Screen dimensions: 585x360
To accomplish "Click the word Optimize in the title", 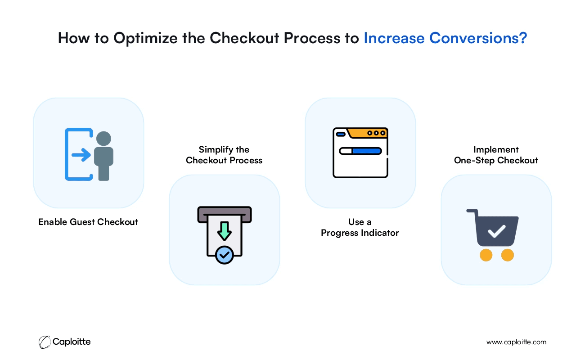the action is coord(145,39).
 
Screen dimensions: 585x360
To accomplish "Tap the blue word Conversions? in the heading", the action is coord(478,38).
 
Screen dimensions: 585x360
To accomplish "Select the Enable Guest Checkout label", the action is coord(88,222).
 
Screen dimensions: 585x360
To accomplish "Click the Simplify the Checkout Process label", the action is coord(224,155).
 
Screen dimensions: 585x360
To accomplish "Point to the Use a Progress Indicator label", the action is coord(360,227).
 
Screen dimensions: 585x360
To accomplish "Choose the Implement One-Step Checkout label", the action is coord(496,155).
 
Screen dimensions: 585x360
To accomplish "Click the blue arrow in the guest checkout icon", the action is coord(81,155).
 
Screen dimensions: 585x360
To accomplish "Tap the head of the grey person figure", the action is coord(103,139).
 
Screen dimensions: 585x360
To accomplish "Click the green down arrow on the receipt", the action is coord(225,231).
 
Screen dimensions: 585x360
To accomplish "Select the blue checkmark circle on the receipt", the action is coord(225,255).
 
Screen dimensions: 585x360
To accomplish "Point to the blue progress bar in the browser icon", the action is coord(367,151).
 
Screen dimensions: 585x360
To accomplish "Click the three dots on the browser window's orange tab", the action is coord(376,133).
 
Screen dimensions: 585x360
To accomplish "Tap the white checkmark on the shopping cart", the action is coord(496,231).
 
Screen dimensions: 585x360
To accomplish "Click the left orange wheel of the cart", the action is coord(486,255).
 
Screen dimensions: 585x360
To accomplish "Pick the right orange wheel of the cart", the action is coord(508,255).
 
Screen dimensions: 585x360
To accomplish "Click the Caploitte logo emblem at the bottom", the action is coord(45,342).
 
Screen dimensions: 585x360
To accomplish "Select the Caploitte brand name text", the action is coord(72,342).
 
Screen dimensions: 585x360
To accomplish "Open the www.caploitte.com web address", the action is coord(516,342).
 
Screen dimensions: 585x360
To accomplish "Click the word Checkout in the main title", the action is coord(244,38).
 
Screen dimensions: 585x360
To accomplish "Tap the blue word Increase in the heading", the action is coord(394,38).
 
